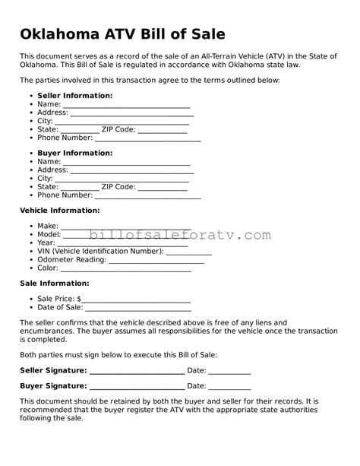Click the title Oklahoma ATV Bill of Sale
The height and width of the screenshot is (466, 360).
point(122,34)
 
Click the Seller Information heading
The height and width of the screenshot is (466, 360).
point(74,96)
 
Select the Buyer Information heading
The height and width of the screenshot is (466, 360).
point(74,153)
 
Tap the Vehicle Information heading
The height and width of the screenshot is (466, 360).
point(59,211)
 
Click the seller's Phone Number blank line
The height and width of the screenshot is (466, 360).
point(147,139)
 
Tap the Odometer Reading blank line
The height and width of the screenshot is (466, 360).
point(156,260)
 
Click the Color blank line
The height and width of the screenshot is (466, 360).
point(125,268)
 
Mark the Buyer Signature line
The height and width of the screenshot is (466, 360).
point(136,387)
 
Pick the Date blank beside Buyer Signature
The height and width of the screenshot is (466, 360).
point(229,387)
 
